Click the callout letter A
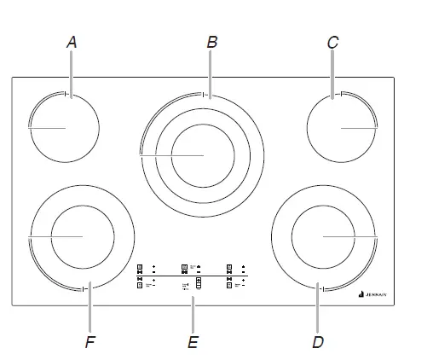point(71,40)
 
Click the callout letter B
point(211,40)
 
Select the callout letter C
point(333,40)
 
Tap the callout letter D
point(318,342)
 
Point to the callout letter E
point(193,342)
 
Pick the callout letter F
point(89,342)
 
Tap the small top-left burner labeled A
point(63,127)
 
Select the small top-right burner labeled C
point(341,127)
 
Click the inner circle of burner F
point(82,235)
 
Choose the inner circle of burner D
point(324,235)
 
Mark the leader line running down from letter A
point(71,73)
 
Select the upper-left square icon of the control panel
point(140,266)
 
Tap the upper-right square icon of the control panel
point(229,266)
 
